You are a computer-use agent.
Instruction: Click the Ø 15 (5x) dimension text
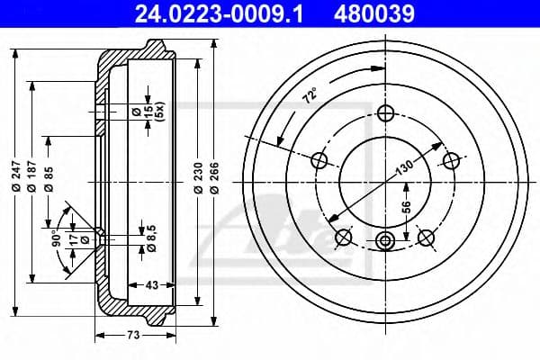(154, 111)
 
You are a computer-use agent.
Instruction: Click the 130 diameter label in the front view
(404, 167)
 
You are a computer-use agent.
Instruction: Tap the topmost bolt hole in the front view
(386, 112)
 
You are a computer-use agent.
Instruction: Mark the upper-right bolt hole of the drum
(454, 160)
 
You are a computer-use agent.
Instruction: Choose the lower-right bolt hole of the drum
(428, 237)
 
